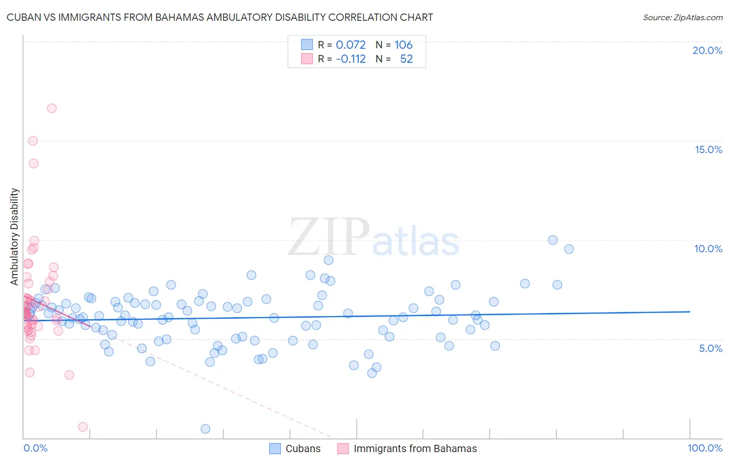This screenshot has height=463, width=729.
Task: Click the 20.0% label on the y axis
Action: [707, 50]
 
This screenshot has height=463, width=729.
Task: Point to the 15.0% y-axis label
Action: [708, 149]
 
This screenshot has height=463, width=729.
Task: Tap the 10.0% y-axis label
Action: [708, 249]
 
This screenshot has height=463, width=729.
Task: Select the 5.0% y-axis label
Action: [710, 348]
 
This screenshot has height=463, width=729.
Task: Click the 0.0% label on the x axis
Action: [35, 448]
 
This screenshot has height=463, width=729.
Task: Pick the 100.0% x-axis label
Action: [705, 448]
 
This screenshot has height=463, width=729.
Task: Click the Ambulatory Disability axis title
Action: [15, 237]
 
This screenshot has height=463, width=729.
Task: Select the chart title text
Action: [220, 17]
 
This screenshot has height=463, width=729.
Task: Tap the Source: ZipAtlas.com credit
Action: [682, 17]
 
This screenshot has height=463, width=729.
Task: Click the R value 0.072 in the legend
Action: [351, 45]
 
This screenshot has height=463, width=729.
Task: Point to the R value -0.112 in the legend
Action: [351, 59]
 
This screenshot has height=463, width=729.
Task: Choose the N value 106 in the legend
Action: [403, 45]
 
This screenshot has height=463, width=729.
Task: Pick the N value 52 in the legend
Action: [406, 59]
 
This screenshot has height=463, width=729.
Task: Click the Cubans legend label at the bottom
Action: [303, 448]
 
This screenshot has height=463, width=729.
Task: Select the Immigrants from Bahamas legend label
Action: [415, 448]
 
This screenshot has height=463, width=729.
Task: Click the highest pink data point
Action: [52, 108]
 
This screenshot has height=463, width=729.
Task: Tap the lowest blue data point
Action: [205, 429]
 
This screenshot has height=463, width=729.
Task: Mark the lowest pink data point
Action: [83, 427]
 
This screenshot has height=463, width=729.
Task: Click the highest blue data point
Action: [553, 240]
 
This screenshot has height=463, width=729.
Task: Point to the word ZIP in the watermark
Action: [329, 237]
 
